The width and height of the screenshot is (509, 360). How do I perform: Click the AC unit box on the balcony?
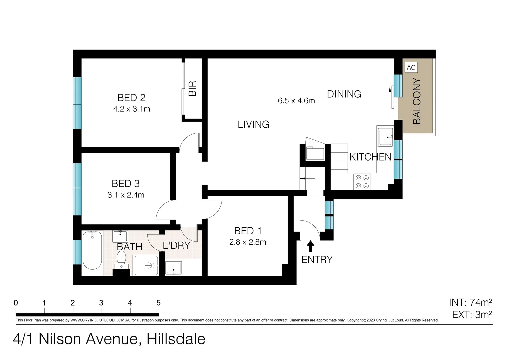point(411,67)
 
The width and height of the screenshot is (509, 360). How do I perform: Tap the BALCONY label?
point(417,101)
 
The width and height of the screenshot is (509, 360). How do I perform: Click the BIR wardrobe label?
point(193,88)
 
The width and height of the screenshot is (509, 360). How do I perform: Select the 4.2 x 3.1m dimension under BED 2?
point(132,109)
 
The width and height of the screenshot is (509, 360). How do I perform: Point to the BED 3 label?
point(125,183)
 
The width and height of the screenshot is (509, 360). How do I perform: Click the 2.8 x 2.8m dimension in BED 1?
point(248,242)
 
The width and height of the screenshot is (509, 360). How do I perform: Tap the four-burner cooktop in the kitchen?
point(362,182)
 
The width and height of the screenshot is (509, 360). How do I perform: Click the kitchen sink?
point(385,137)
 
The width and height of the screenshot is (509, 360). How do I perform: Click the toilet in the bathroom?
point(121,259)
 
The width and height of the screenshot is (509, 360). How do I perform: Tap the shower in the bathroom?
point(146,265)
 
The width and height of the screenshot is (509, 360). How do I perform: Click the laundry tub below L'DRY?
point(173,268)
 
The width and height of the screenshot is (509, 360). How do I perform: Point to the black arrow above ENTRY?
point(310,246)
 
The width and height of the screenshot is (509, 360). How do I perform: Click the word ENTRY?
point(317,259)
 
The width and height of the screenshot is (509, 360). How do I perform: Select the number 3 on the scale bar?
point(101,303)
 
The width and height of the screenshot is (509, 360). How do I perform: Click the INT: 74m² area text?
point(470,302)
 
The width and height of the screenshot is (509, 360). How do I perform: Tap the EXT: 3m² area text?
point(472,314)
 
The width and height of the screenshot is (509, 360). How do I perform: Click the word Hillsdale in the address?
point(176,339)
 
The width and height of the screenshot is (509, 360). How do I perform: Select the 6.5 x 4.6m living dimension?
point(296,101)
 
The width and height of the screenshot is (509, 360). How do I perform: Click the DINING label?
point(344,94)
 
